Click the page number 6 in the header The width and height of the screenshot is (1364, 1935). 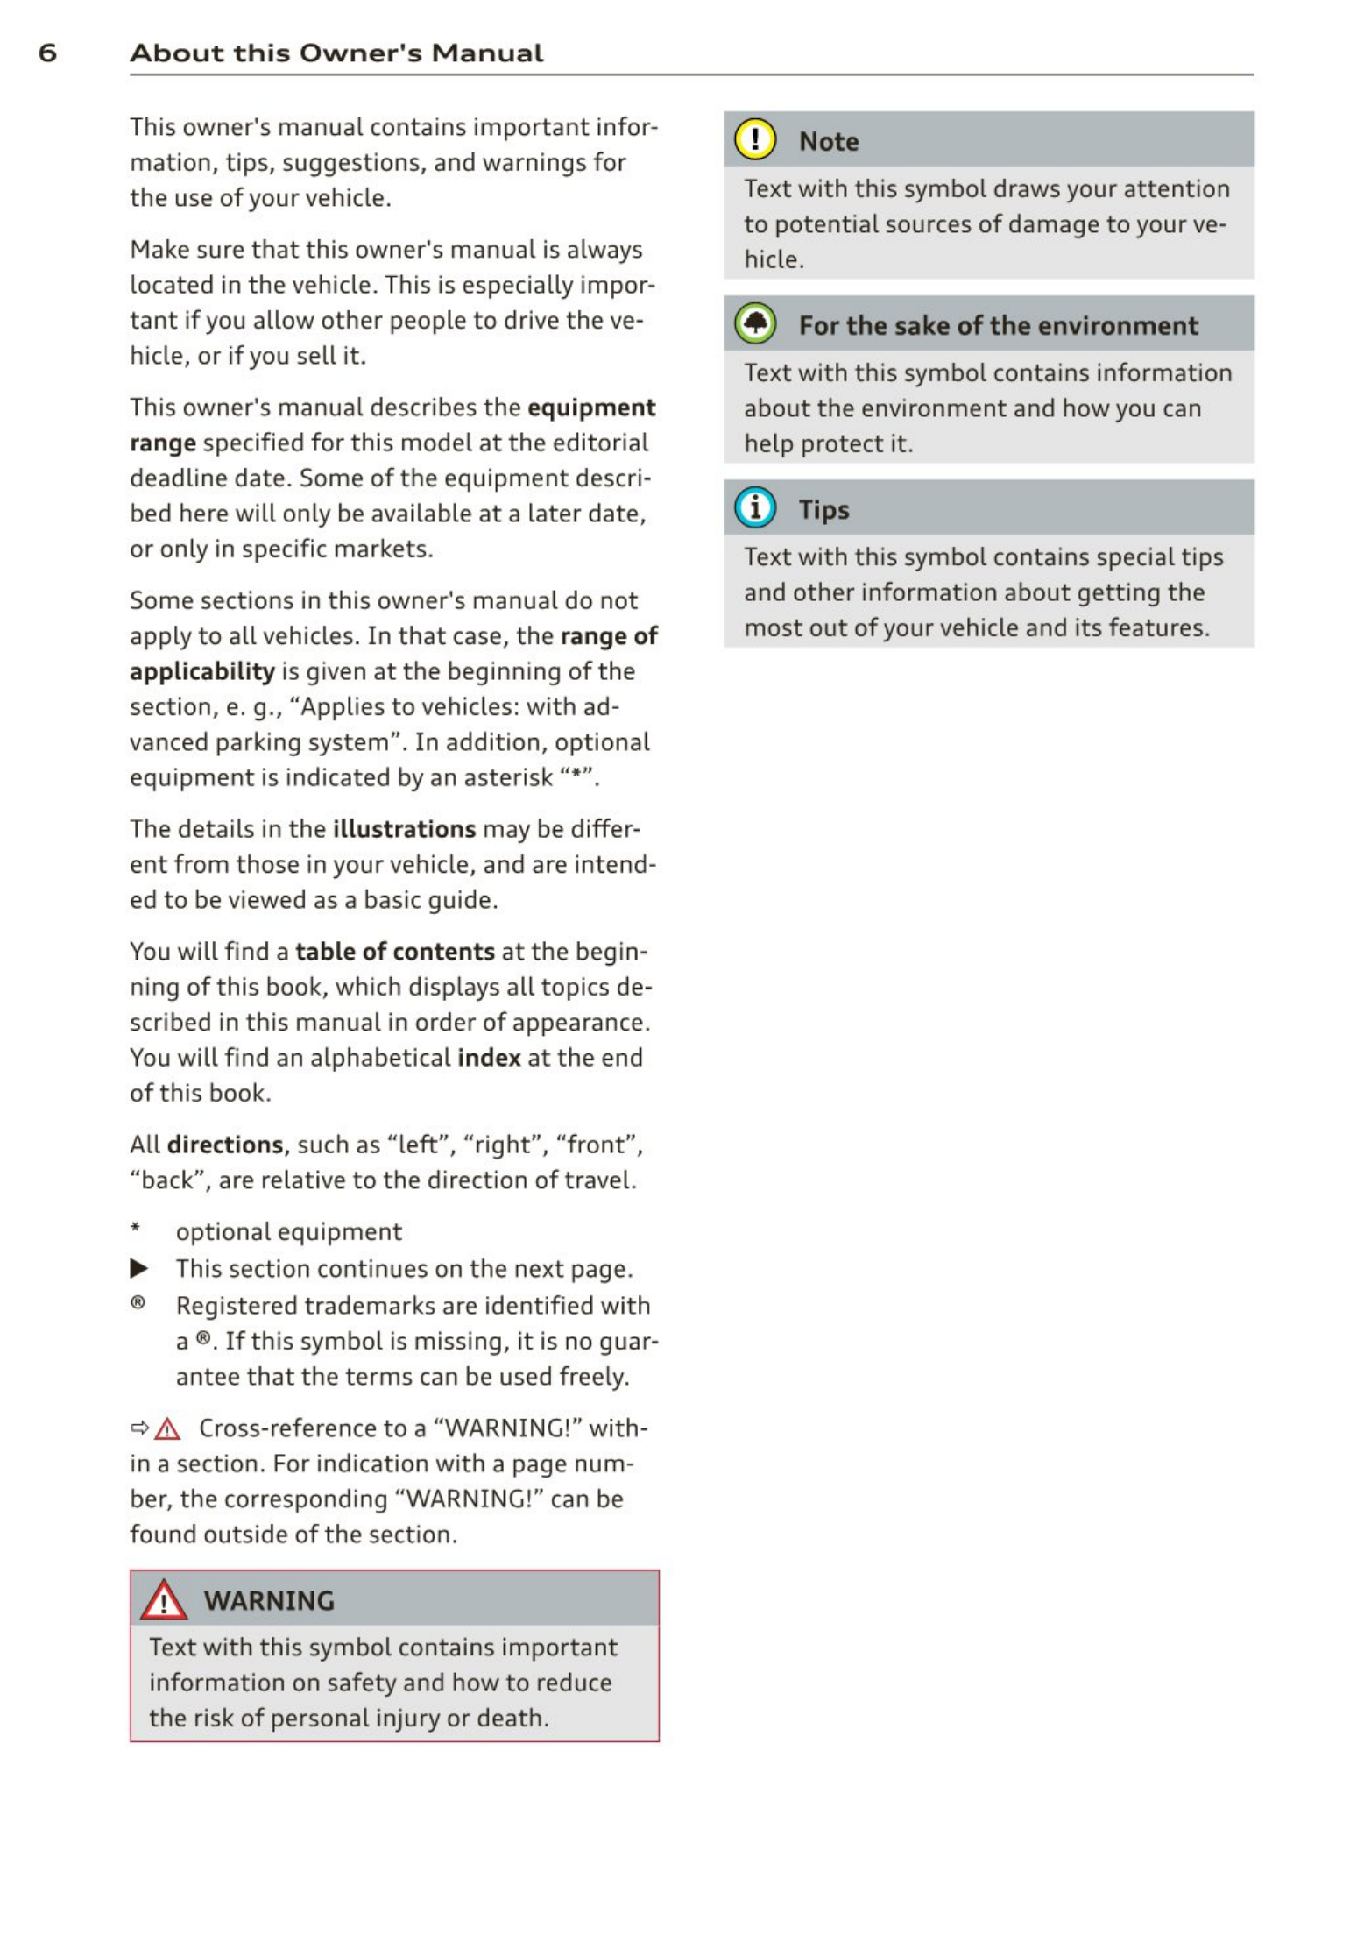tap(47, 53)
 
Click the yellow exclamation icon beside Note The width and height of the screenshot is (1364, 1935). tap(754, 140)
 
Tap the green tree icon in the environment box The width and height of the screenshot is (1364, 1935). tap(754, 324)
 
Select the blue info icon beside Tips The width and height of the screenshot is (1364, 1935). tap(754, 508)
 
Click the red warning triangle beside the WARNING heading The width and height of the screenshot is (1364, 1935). tap(164, 1601)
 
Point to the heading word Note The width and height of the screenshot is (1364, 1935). tap(828, 141)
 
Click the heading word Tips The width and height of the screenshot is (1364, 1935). tap(823, 509)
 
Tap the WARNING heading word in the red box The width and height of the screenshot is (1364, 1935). tap(269, 1601)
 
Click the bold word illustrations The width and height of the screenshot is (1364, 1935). tap(404, 829)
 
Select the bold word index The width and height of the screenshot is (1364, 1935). tap(489, 1058)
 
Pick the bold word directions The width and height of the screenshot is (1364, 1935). tap(225, 1145)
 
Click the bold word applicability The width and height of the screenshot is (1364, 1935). tap(202, 671)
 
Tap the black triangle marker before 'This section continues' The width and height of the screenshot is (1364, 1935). tap(139, 1268)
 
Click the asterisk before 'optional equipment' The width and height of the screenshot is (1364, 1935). tap(136, 1228)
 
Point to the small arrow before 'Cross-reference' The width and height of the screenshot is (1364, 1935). tap(139, 1428)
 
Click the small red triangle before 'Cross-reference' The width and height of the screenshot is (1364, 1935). tap(166, 1429)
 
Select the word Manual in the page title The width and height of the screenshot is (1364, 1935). tap(487, 53)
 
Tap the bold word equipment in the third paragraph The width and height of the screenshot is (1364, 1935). tap(591, 408)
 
